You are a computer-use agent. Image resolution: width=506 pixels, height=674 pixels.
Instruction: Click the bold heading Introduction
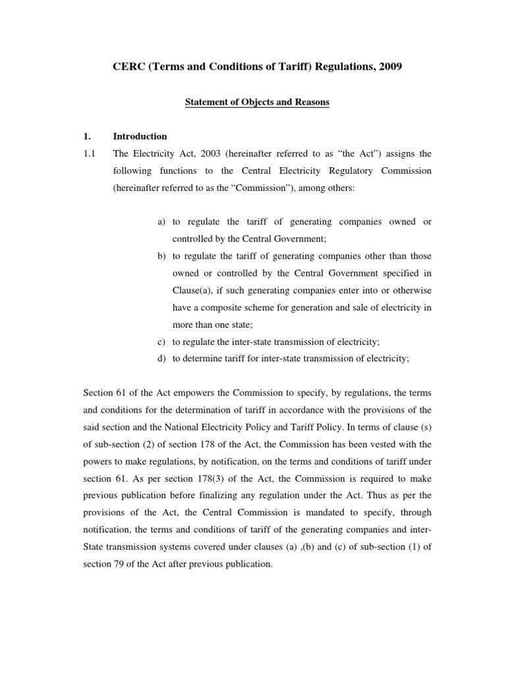(140, 137)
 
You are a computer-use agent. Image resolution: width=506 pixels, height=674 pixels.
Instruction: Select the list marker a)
(161, 222)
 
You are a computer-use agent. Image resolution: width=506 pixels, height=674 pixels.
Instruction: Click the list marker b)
(161, 256)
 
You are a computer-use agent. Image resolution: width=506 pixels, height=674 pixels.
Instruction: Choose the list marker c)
(161, 342)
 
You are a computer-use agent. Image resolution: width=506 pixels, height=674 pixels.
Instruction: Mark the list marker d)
(161, 359)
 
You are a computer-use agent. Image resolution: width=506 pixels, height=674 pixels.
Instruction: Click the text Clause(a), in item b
(193, 290)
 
